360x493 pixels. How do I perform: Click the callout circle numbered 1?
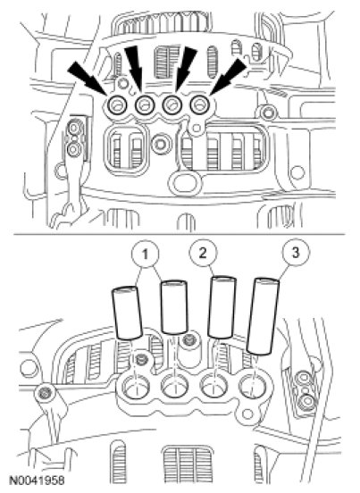(x=145, y=255)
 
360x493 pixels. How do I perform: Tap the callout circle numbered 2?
(x=203, y=252)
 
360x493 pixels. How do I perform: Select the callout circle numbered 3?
(x=295, y=252)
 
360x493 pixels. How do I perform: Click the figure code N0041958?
(x=38, y=480)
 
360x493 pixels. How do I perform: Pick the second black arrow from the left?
(x=134, y=69)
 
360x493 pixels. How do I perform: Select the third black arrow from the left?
(x=184, y=69)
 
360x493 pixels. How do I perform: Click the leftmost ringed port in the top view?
(x=117, y=105)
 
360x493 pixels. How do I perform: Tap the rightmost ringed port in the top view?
(x=200, y=104)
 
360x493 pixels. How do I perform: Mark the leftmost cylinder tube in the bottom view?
(x=127, y=313)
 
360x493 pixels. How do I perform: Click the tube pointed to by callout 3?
(x=263, y=316)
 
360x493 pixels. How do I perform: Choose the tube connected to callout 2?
(x=222, y=307)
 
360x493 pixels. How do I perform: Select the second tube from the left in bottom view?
(x=174, y=307)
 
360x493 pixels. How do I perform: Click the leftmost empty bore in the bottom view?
(x=136, y=386)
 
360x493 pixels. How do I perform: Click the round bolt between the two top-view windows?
(x=161, y=145)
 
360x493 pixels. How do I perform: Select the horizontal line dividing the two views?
(x=180, y=234)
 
